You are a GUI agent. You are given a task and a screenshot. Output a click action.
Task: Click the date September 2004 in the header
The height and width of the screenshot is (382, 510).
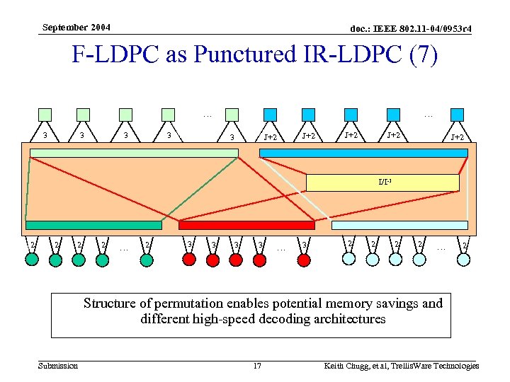pos(76,28)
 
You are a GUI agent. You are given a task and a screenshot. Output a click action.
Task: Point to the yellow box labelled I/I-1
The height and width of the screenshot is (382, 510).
pos(382,183)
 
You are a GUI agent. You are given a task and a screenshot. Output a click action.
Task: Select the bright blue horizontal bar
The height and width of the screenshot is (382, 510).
pos(365,152)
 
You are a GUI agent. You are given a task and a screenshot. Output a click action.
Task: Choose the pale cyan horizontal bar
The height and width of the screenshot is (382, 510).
pos(399,225)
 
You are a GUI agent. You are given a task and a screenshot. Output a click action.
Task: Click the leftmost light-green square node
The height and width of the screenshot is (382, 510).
pos(45,115)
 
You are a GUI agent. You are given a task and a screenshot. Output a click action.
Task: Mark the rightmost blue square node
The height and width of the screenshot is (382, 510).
pos(457,115)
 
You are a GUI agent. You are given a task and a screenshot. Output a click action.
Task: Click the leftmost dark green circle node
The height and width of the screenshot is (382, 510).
pos(32,260)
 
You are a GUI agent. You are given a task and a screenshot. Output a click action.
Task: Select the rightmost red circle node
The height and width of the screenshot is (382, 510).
pos(304,260)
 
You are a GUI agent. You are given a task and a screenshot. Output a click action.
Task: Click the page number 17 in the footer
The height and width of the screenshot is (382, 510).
pos(257,366)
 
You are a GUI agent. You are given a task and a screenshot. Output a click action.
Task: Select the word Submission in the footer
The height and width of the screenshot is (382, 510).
pos(58,366)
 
